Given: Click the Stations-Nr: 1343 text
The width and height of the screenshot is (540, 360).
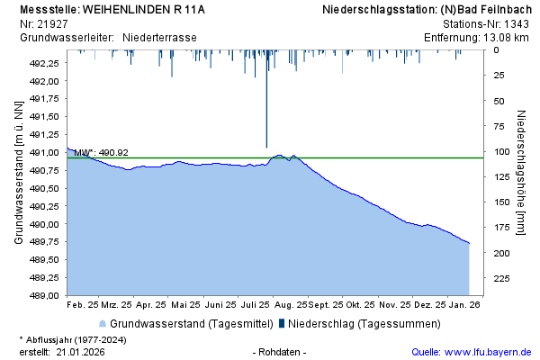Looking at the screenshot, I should point(486,24).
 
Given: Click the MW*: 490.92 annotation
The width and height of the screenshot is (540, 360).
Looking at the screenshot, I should point(101,153).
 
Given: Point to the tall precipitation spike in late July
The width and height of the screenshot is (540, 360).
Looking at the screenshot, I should point(266,108).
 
